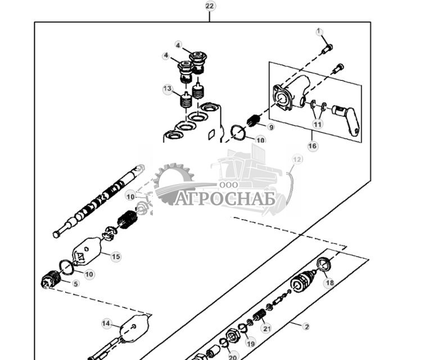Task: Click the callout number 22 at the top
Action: pyautogui.click(x=210, y=6)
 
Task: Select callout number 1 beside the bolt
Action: pyautogui.click(x=319, y=31)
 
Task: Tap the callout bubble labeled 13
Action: pyautogui.click(x=168, y=89)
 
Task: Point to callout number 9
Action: pyautogui.click(x=271, y=127)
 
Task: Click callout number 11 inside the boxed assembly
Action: pyautogui.click(x=318, y=124)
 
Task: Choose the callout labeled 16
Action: pyautogui.click(x=313, y=146)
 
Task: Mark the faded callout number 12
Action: pyautogui.click(x=297, y=160)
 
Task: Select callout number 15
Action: pyautogui.click(x=115, y=257)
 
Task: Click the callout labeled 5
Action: pyautogui.click(x=75, y=284)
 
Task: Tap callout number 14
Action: pyautogui.click(x=106, y=323)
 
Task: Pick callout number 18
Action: pyautogui.click(x=329, y=283)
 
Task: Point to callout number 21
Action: pyautogui.click(x=266, y=329)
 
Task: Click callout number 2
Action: pyautogui.click(x=306, y=326)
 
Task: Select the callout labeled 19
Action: pyautogui.click(x=250, y=344)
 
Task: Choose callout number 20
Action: pyautogui.click(x=233, y=356)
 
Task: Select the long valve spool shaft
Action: pyautogui.click(x=98, y=202)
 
